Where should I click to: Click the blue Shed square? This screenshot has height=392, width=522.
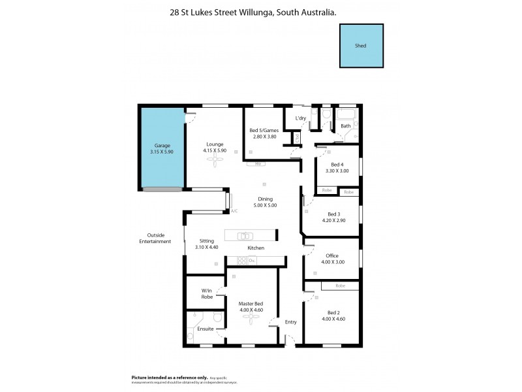361,46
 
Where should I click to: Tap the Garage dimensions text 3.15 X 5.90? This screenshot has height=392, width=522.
162,152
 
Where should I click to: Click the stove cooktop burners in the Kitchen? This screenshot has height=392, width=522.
241,261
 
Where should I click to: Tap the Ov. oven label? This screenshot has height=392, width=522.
253,261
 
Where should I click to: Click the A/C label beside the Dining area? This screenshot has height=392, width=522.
234,210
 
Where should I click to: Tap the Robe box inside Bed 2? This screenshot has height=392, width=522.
340,286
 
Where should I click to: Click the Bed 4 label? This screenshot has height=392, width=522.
336,164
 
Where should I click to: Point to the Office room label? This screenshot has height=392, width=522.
331,255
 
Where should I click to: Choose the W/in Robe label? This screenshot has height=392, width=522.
206,293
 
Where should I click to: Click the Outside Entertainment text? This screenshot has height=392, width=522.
155,238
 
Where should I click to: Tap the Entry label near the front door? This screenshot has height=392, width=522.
290,321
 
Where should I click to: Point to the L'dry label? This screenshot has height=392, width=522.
301,118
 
